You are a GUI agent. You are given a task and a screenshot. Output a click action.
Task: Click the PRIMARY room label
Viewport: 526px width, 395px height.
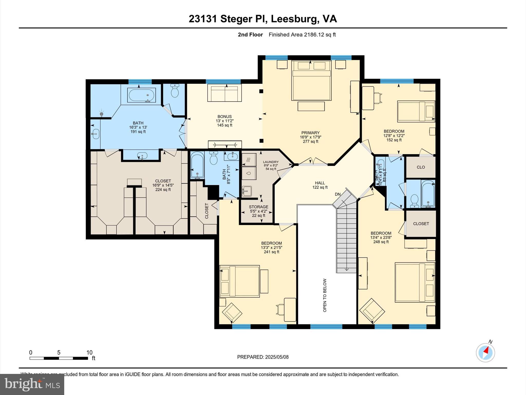tap(310, 133)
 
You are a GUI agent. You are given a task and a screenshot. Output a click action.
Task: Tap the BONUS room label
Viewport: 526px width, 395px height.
tap(224, 116)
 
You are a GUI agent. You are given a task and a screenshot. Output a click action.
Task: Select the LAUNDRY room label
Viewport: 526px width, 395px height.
tap(271, 162)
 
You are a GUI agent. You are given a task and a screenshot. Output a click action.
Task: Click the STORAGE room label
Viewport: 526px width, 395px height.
tap(258, 207)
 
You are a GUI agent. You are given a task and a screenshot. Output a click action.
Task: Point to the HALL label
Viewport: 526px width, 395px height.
tap(320, 183)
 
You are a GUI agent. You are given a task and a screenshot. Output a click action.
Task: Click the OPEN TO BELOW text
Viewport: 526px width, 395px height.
tap(325, 295)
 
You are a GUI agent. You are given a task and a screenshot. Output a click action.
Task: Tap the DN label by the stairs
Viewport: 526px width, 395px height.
tap(338, 194)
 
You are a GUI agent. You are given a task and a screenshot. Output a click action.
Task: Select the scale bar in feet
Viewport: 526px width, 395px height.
tap(59, 358)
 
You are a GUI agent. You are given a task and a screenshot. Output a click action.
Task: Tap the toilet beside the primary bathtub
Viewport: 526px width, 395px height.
tap(175, 91)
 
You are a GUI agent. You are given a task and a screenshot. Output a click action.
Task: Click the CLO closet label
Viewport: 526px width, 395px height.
tap(421, 167)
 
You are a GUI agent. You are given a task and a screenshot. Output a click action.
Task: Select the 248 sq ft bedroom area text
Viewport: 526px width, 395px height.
tap(381, 242)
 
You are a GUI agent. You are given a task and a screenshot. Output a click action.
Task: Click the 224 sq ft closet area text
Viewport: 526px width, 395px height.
tap(163, 190)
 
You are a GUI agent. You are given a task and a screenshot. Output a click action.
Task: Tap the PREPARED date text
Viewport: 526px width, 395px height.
tap(263, 357)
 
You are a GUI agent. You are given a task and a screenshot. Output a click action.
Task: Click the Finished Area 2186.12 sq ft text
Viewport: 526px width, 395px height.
tap(302, 35)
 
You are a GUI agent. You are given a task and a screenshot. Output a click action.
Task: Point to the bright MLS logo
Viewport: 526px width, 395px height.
tap(32, 384)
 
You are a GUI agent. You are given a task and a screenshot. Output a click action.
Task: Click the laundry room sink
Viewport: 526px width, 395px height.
tap(247, 191)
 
